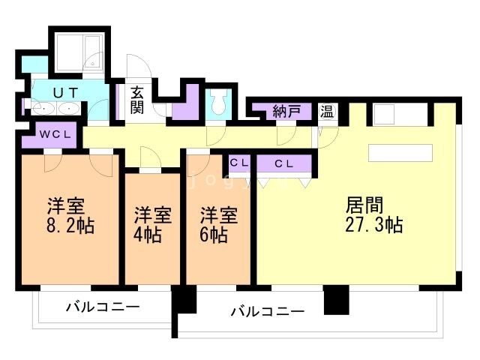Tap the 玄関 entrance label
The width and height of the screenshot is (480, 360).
(x=136, y=100)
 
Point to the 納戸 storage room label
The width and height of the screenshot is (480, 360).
(x=286, y=112)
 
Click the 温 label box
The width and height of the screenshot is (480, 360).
(x=328, y=112)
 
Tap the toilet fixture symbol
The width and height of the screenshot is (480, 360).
(x=218, y=103)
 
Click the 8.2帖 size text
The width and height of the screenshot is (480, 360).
(x=71, y=226)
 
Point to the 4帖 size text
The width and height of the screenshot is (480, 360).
(x=148, y=234)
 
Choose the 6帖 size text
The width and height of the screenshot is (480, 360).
(x=213, y=234)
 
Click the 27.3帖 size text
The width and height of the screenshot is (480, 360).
(x=374, y=224)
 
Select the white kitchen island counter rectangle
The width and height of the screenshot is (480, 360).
(x=400, y=152)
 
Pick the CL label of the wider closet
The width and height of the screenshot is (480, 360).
(x=283, y=163)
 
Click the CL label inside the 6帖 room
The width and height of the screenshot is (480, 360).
(x=239, y=163)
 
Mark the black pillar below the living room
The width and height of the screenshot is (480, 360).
(x=336, y=301)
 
